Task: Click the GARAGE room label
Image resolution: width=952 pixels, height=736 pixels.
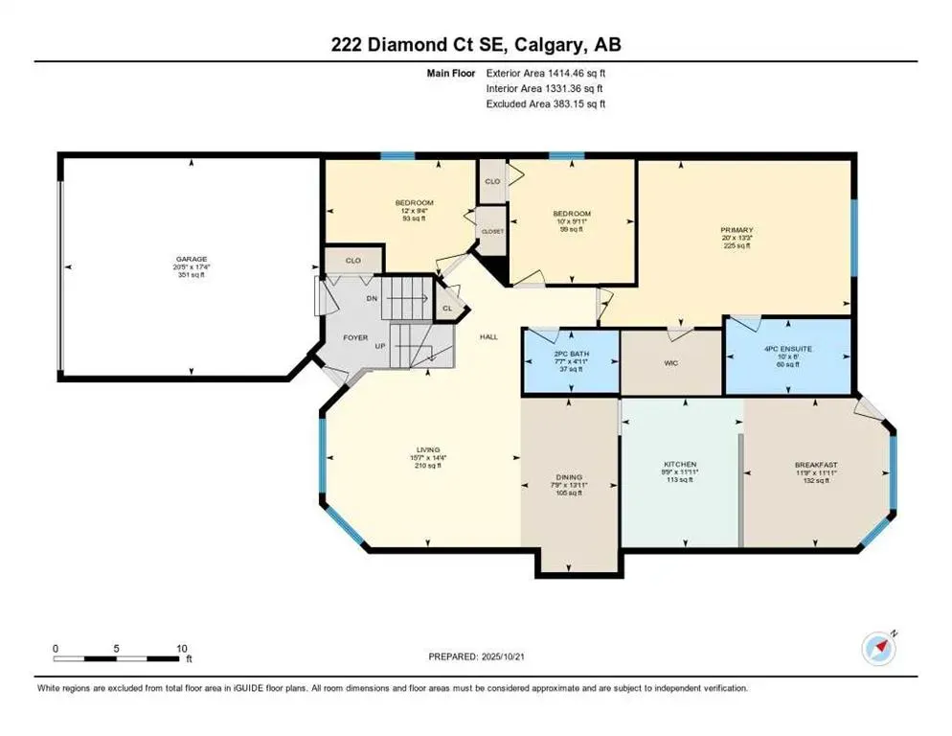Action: pos(191,258)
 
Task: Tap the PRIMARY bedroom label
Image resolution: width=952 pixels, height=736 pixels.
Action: pos(737,230)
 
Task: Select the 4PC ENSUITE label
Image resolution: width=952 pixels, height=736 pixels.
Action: pos(789,349)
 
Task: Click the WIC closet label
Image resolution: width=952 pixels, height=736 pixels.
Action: pos(671,363)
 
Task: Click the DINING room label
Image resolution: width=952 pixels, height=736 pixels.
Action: pos(569,476)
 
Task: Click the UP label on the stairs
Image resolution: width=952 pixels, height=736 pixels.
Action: pos(381,345)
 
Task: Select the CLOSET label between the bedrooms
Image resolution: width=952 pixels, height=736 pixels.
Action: pos(492,232)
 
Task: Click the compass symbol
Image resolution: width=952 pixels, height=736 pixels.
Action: pos(879,649)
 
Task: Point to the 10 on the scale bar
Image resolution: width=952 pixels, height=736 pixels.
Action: pos(181,649)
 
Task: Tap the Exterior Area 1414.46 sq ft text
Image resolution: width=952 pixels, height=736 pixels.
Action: pos(546,72)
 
